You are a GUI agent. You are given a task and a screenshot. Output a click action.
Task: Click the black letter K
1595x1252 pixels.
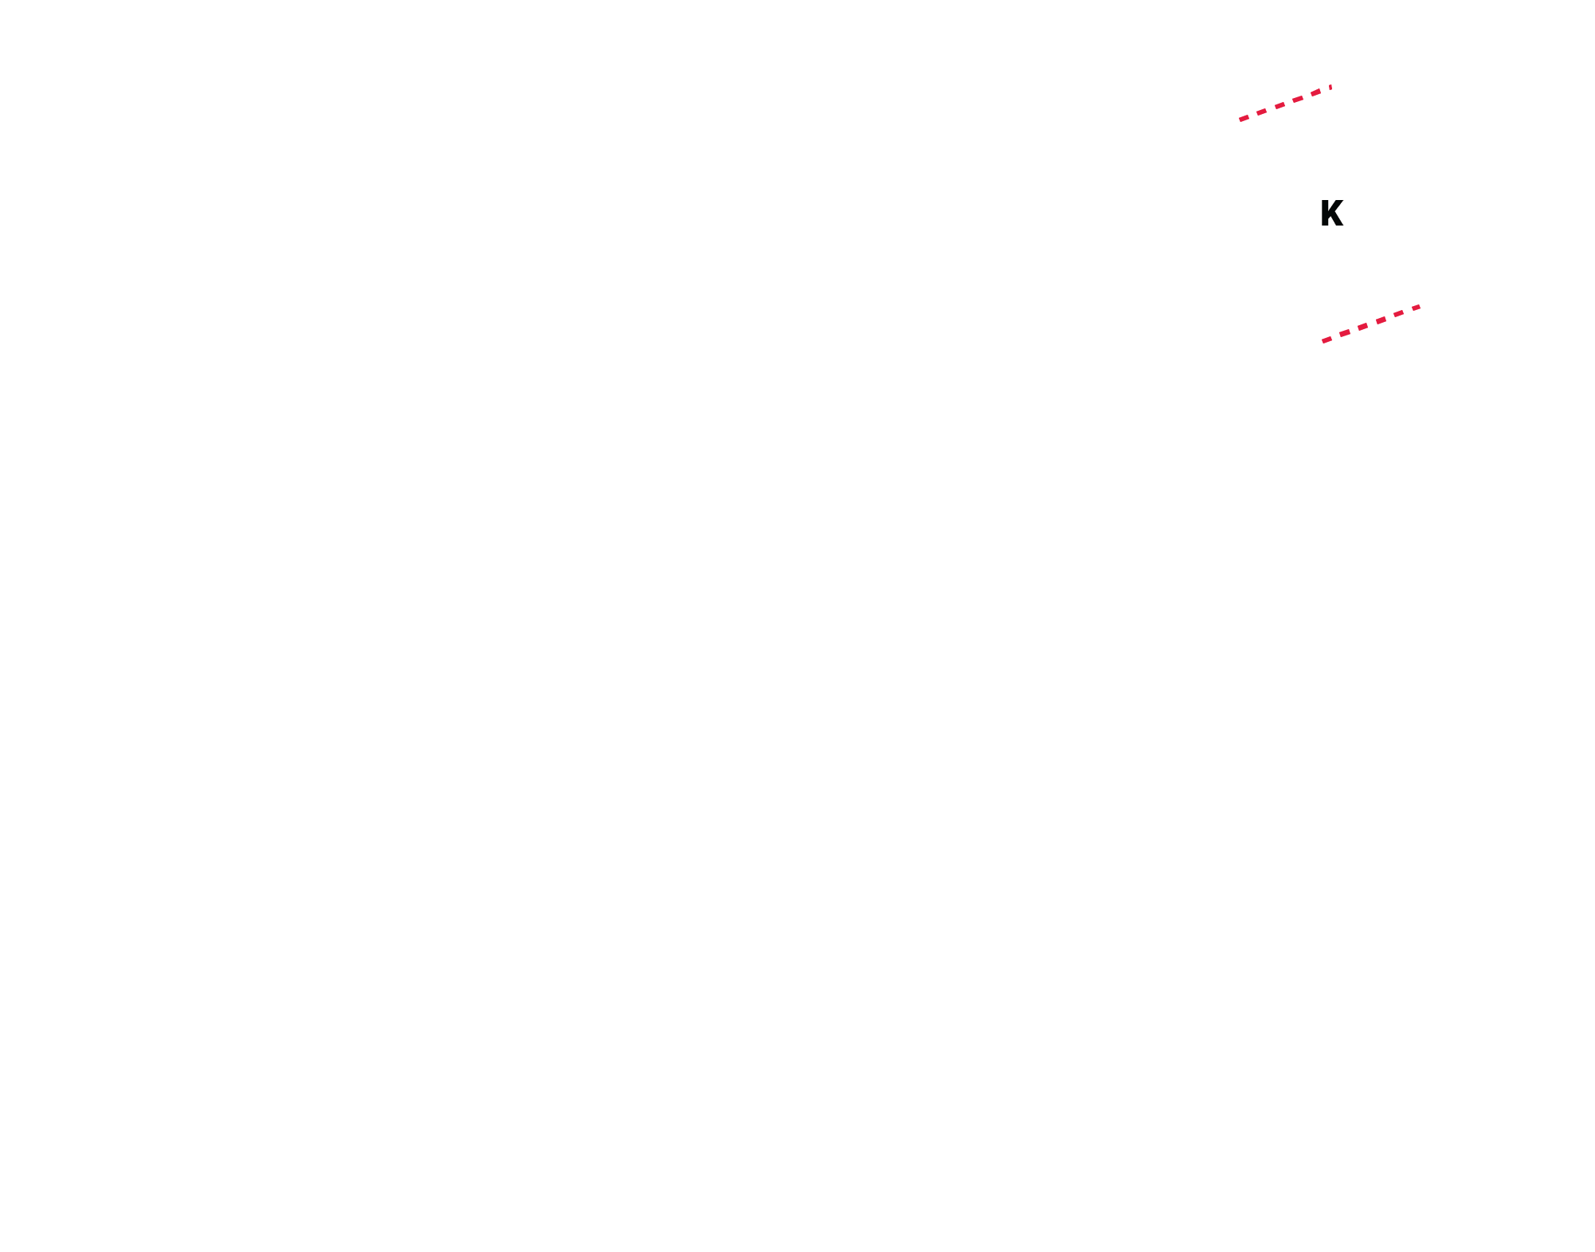click(1331, 214)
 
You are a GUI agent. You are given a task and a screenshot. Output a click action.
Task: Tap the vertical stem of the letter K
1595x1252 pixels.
click(1324, 214)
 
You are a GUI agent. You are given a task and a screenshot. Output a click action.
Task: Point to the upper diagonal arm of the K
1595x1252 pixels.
click(1335, 207)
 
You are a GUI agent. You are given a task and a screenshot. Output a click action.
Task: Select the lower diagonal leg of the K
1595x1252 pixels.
click(1336, 220)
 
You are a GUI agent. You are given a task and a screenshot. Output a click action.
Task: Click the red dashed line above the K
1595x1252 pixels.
click(1285, 104)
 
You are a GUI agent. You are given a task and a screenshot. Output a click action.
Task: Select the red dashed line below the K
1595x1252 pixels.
click(1371, 324)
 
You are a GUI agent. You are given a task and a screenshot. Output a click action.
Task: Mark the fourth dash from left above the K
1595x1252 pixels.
click(1298, 99)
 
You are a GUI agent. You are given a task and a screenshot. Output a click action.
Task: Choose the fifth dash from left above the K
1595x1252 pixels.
click(1315, 92)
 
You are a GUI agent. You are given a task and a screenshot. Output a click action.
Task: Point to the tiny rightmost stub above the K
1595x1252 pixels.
click(1330, 87)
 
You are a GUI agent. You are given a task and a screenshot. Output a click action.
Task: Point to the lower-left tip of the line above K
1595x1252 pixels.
click(1240, 120)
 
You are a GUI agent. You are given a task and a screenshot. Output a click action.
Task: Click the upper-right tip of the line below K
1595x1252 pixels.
click(1420, 306)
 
